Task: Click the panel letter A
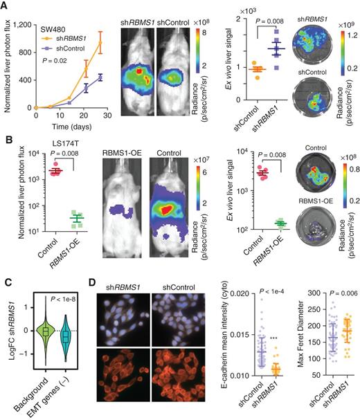[6, 6]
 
